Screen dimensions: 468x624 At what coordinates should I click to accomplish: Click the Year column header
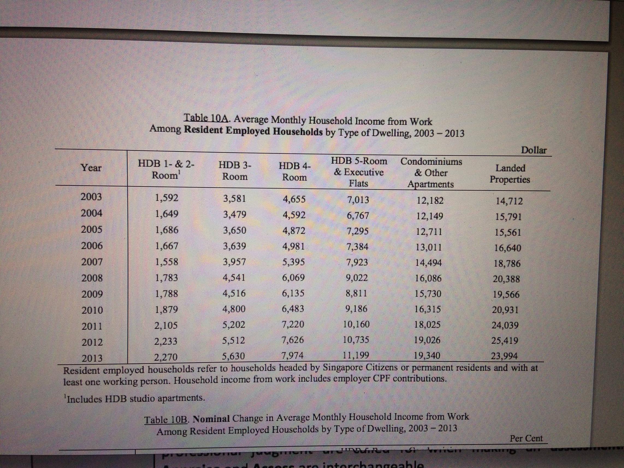tap(91, 168)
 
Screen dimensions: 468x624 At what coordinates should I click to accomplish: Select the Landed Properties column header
tap(510, 174)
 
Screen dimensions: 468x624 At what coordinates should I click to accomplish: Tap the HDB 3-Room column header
tap(235, 171)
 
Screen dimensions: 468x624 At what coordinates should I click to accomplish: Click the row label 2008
tap(92, 278)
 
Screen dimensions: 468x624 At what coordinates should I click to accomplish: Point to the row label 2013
tap(92, 358)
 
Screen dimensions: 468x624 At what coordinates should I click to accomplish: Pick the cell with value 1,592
tap(167, 198)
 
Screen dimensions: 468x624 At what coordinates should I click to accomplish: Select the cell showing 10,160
tap(356, 324)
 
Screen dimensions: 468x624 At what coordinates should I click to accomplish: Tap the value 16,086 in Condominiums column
tap(428, 279)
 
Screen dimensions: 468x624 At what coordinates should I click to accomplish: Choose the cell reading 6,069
tap(293, 278)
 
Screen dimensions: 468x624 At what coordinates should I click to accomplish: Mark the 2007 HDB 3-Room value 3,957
tap(234, 262)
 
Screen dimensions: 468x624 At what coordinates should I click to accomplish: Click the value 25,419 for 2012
tap(505, 341)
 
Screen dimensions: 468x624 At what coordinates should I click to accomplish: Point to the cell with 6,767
tap(358, 215)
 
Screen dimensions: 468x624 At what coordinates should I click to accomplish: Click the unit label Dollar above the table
tap(534, 150)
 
